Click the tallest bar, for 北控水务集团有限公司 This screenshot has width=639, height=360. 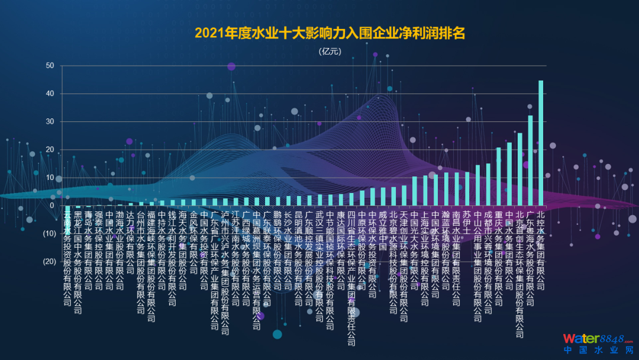point(540,143)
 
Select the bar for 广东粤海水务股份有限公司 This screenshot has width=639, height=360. point(530,160)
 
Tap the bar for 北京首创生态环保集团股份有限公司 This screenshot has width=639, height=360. point(519,169)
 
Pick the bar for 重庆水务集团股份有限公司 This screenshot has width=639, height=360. point(499,176)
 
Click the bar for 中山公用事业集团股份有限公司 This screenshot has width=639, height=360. point(477,185)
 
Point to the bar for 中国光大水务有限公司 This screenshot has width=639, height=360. point(414,191)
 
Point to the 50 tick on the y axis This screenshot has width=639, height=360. point(50,66)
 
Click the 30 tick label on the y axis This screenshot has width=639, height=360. point(50,121)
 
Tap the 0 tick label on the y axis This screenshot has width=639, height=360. point(52,205)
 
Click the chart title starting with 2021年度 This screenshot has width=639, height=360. point(330,33)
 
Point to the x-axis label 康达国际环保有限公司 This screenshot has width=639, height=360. point(340,249)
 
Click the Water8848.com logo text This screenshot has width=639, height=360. point(597,339)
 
